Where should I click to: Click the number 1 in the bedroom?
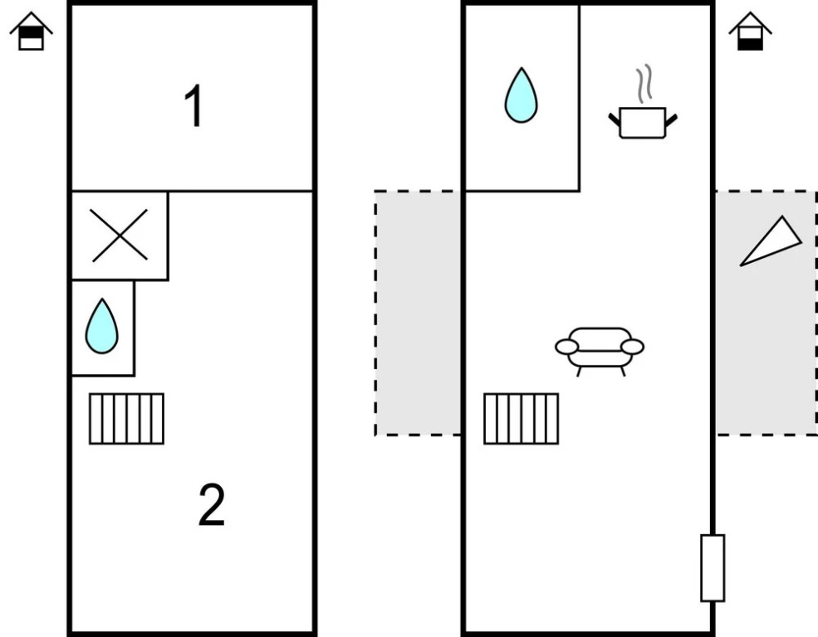tap(194, 107)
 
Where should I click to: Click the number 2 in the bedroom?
tap(211, 505)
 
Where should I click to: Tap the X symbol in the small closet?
tap(120, 236)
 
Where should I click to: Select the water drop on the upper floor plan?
tap(101, 326)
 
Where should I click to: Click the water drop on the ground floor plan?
tap(521, 95)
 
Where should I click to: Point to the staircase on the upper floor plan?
tap(126, 419)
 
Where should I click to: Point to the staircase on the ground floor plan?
tap(521, 419)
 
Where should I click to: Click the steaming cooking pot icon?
tap(643, 121)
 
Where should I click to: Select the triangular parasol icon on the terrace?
tap(772, 242)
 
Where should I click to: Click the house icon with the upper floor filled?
tap(32, 32)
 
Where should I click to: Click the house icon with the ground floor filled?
tap(750, 32)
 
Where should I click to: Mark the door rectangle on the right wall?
tap(712, 567)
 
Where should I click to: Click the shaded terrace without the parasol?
tap(418, 313)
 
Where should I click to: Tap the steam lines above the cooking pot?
tap(644, 85)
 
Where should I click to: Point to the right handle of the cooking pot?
tap(671, 121)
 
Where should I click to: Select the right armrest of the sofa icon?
tap(633, 346)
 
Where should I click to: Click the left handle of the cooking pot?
tap(615, 120)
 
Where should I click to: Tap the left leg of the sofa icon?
tap(579, 370)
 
